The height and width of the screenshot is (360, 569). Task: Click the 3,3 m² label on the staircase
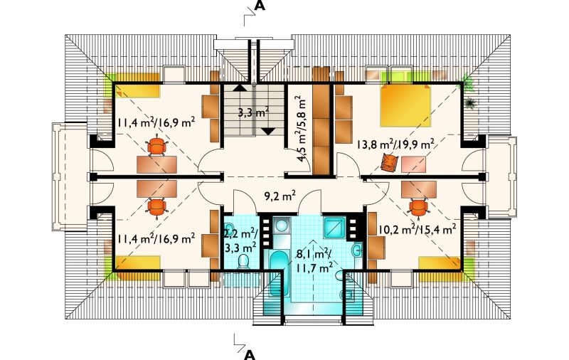click(x=253, y=112)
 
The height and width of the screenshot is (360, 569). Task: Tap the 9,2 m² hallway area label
click(x=278, y=196)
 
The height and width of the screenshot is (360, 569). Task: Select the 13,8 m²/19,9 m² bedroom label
click(x=395, y=145)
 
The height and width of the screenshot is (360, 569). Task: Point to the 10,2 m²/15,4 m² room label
click(x=417, y=229)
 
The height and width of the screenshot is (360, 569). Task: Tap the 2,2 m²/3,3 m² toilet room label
click(x=240, y=240)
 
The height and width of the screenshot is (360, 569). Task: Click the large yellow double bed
click(x=405, y=105)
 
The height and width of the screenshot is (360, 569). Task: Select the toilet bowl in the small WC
click(x=243, y=262)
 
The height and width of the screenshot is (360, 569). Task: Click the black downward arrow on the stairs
click(x=268, y=132)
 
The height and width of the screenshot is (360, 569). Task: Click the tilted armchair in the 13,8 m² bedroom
click(x=389, y=162)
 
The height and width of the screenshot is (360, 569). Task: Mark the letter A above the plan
click(x=260, y=6)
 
